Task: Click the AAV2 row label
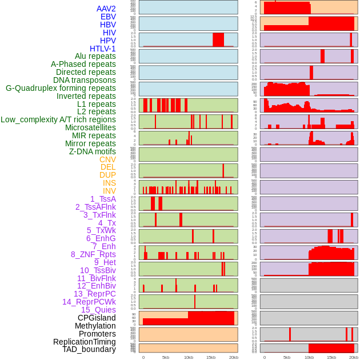(x=106, y=9)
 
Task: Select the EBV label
(x=107, y=17)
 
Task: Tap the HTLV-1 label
(x=102, y=49)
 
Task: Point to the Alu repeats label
(x=95, y=57)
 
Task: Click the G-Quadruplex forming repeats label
(x=61, y=88)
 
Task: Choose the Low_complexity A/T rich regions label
(x=58, y=119)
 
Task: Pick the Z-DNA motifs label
(x=92, y=151)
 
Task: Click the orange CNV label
(x=107, y=159)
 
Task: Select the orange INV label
(x=109, y=191)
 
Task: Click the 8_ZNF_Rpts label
(x=93, y=254)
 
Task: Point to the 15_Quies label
(x=98, y=310)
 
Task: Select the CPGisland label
(x=97, y=318)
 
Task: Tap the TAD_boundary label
(x=89, y=349)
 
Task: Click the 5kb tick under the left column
(x=166, y=358)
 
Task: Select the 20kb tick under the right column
(x=354, y=358)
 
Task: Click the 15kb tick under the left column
(x=211, y=358)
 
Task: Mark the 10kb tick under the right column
(x=309, y=358)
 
